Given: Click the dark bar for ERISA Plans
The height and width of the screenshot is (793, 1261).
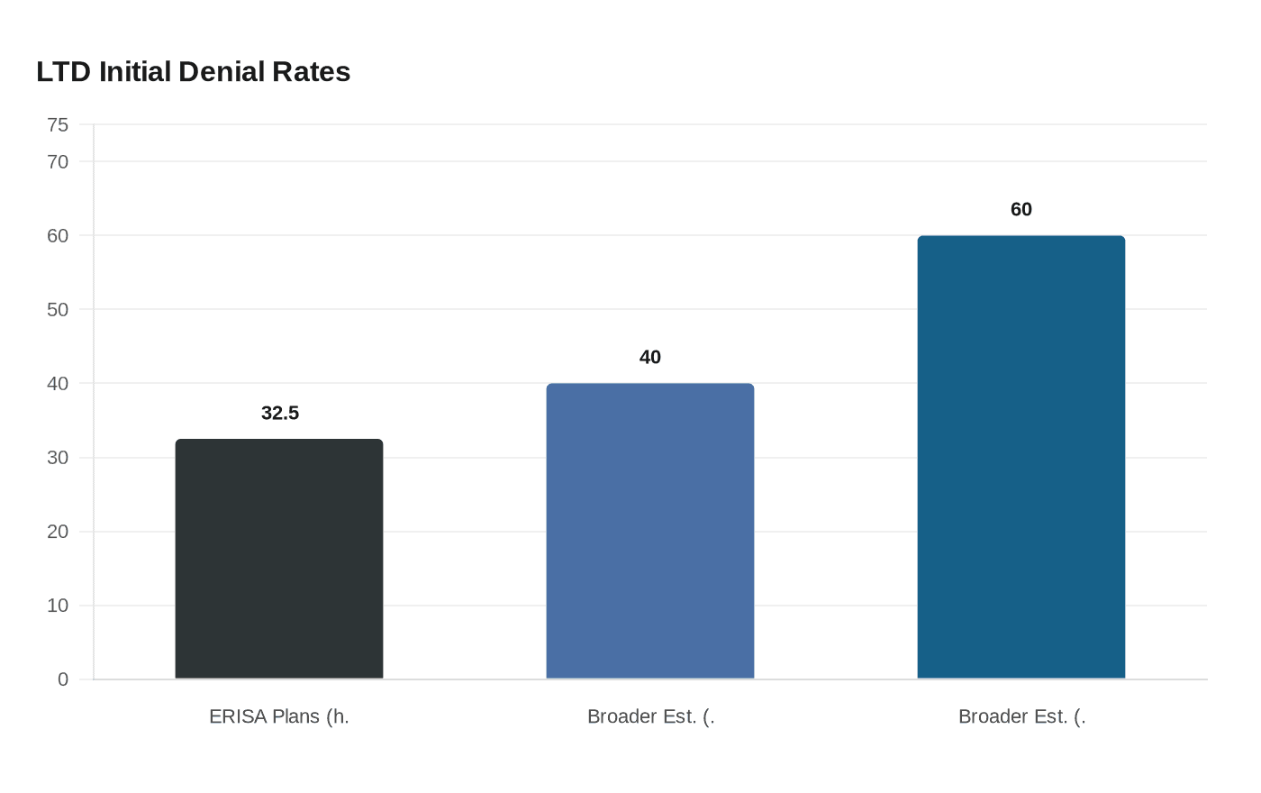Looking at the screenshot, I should pos(279,559).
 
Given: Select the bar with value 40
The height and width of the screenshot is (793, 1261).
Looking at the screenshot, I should pos(650,531).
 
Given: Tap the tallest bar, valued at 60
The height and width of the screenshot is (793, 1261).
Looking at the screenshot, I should pos(1021,457).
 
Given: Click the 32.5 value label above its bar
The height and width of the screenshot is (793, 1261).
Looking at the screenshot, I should pos(280,413).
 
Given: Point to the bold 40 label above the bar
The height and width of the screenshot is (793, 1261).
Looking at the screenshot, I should pos(650,357).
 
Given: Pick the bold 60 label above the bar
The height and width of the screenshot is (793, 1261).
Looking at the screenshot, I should pos(1021,209).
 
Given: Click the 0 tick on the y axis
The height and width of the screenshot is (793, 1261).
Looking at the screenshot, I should pos(63,679).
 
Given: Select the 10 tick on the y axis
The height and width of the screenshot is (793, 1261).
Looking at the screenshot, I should pos(58,606).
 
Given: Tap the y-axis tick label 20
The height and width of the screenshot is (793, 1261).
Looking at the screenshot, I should pos(58,532).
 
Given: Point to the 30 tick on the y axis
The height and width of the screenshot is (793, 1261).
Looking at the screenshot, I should pos(58,458).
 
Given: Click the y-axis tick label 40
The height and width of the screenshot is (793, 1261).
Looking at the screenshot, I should pos(58,384).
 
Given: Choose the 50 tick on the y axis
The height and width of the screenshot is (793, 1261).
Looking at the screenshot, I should pos(58,310).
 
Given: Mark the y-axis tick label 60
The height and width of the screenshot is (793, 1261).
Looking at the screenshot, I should pos(58,236).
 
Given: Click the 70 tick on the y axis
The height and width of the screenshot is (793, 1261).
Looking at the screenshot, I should pos(58,162).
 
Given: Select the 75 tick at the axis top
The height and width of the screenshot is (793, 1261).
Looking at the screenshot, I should pos(58,125).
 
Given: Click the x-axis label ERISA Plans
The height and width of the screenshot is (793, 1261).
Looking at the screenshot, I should pos(279,716).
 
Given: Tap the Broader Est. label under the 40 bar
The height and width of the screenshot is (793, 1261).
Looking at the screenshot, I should pos(650,716).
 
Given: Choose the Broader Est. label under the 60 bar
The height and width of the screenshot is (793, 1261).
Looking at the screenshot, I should pos(1021,716).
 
